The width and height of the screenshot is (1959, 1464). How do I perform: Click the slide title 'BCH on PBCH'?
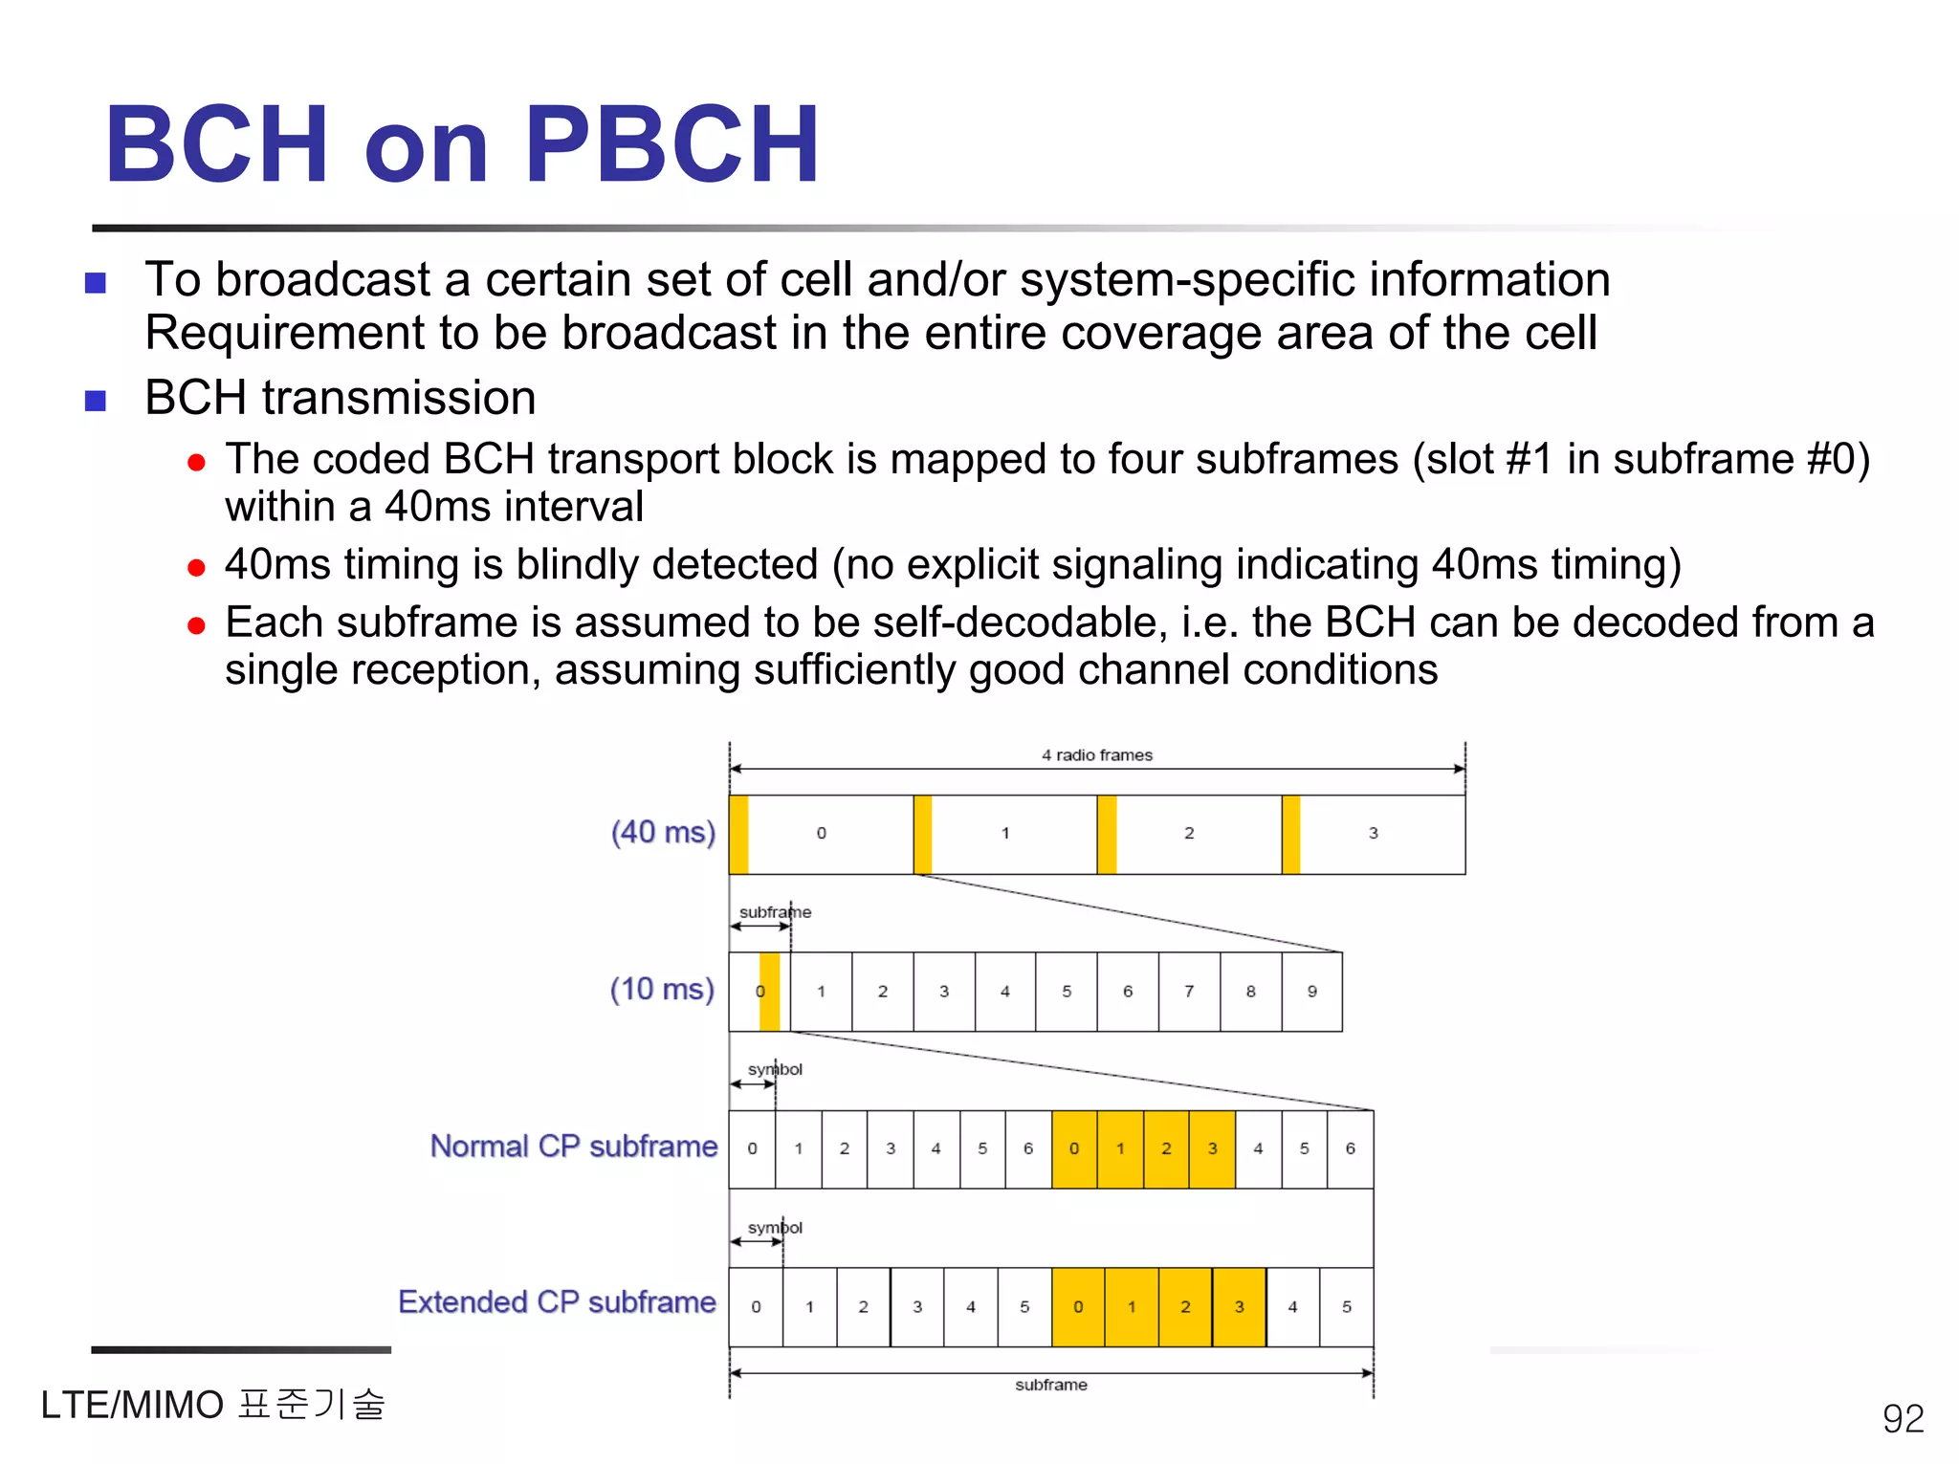[462, 145]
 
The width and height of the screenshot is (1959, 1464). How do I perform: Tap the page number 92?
[1903, 1418]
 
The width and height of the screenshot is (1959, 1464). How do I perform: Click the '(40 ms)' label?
[663, 832]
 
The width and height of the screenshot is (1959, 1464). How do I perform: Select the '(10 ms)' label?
[662, 989]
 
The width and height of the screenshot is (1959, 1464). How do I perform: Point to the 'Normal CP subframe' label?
[573, 1146]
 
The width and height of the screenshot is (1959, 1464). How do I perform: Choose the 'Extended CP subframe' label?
[557, 1302]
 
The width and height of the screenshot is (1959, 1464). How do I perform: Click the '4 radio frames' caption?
[1096, 755]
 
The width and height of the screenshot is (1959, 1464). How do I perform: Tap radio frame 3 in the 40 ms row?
[1373, 834]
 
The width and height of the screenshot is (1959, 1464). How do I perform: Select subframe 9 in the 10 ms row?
[1311, 992]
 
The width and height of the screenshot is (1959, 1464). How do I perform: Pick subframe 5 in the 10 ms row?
[1066, 992]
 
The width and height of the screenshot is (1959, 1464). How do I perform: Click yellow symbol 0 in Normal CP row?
[1074, 1149]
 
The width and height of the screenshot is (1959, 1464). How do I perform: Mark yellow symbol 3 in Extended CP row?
[1239, 1307]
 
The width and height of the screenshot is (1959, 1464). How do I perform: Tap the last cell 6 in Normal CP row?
[1350, 1149]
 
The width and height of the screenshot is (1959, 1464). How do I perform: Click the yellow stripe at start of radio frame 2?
[1107, 834]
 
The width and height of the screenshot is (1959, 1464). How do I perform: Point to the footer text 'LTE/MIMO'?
[132, 1406]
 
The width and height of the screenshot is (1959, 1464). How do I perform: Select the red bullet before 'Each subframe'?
[197, 626]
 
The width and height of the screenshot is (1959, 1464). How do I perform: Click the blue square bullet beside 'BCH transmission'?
[96, 400]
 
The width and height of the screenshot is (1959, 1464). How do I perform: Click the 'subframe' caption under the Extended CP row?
[1050, 1385]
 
